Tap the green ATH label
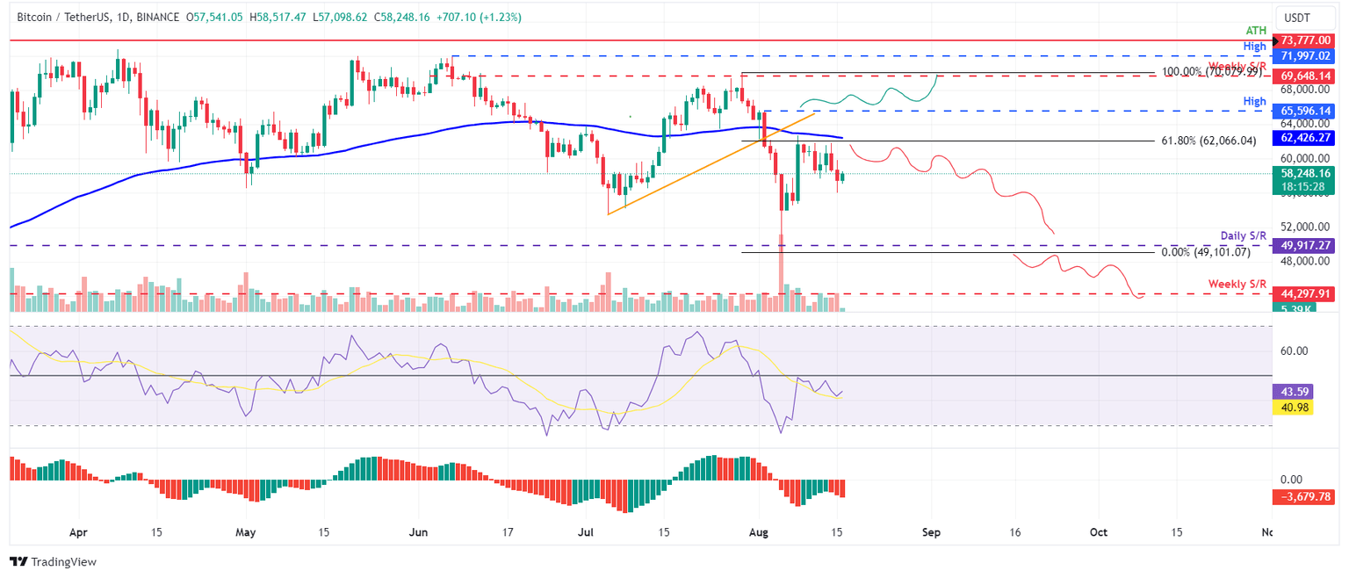pyautogui.click(x=1256, y=30)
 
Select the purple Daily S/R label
pyautogui.click(x=1243, y=236)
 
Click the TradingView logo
pyautogui.click(x=54, y=561)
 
